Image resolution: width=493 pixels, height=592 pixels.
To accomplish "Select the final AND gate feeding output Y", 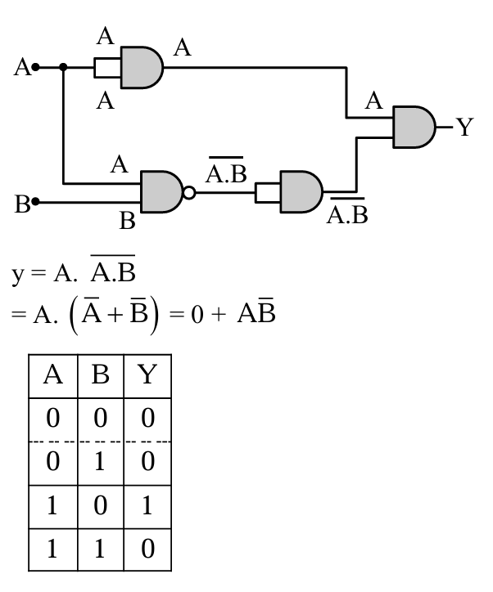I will [x=414, y=127].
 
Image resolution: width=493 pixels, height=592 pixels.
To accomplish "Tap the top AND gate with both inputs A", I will [x=141, y=67].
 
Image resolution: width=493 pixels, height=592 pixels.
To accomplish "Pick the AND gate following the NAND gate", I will [x=301, y=192].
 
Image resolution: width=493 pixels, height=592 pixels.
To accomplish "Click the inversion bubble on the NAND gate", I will [x=189, y=193].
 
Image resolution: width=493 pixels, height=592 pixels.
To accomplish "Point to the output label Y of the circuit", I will [x=464, y=127].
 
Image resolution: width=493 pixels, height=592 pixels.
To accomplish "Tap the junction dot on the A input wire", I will [x=64, y=67].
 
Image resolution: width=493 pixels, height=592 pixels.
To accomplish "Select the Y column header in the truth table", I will [x=147, y=375].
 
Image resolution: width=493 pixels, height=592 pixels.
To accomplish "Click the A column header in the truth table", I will [x=53, y=375].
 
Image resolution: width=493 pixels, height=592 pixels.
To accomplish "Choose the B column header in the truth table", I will [x=101, y=375].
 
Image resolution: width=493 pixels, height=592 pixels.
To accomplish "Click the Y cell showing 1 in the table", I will [x=147, y=505].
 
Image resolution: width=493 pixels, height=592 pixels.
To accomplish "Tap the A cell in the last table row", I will [x=53, y=547].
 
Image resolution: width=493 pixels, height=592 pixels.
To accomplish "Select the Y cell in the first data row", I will [x=147, y=419].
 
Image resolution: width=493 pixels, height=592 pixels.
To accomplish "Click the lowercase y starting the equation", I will [x=18, y=274].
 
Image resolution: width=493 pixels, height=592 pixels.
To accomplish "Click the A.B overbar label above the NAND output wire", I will [x=225, y=173].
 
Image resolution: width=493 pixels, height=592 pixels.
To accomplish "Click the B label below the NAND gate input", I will [x=127, y=221].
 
